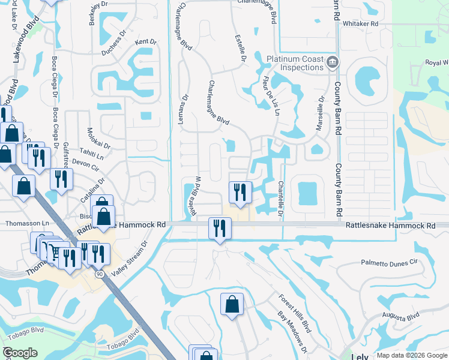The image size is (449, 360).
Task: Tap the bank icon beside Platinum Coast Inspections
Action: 333,62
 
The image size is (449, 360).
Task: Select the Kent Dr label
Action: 146,42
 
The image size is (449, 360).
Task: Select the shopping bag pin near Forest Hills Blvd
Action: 232,305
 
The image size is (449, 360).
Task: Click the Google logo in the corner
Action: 20,353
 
